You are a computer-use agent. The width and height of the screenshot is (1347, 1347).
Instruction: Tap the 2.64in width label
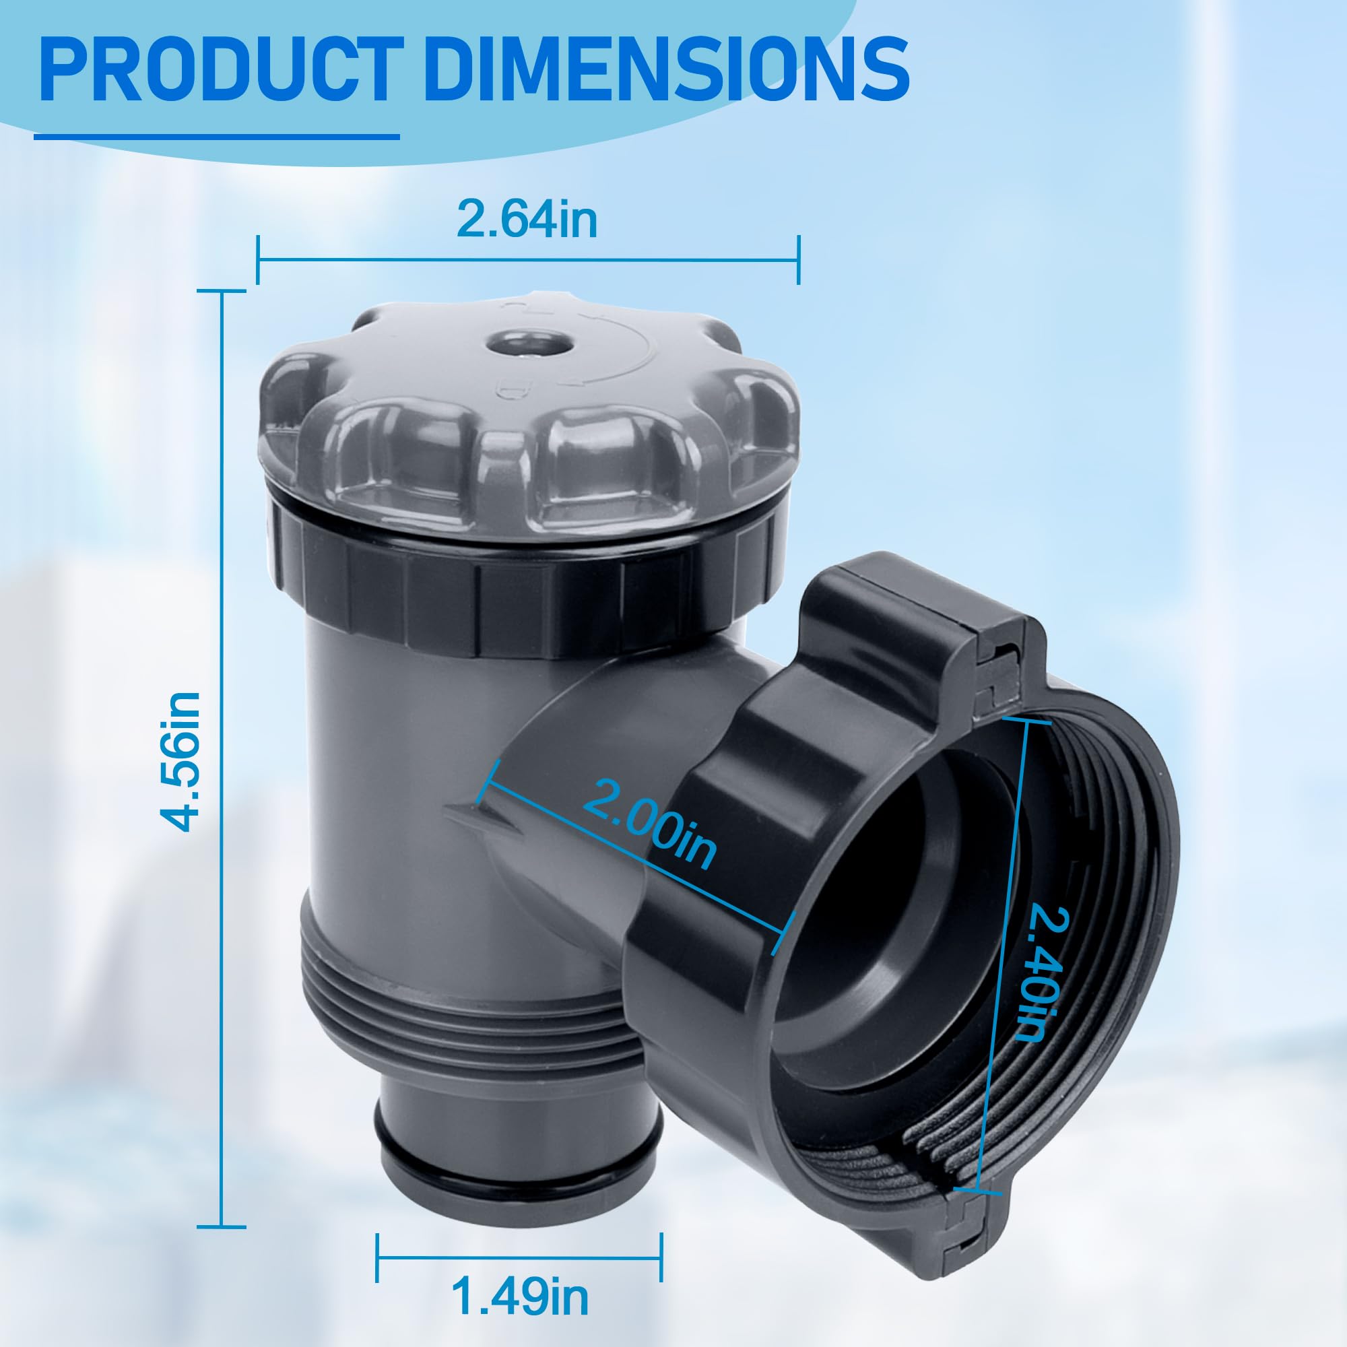(527, 219)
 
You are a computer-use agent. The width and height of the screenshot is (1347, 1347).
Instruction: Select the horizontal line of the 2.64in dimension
(527, 260)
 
